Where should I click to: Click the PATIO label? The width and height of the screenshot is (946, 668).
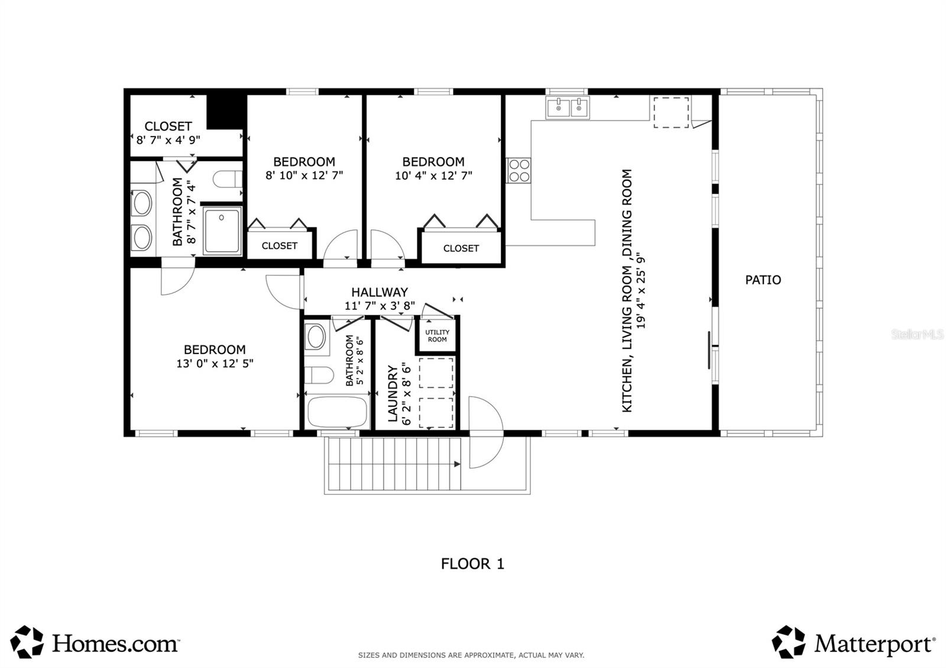click(763, 280)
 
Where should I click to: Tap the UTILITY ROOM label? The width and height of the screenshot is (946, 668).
click(437, 336)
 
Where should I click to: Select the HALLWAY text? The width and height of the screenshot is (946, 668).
click(380, 292)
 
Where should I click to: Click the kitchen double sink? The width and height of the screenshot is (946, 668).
click(568, 108)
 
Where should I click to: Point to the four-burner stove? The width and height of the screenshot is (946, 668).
click(519, 170)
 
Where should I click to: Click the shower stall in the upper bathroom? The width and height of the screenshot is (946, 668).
click(222, 230)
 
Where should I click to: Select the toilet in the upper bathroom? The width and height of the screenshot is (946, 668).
click(227, 179)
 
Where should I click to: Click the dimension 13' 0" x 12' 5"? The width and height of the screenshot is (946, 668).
click(215, 364)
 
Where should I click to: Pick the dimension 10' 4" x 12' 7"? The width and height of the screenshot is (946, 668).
click(433, 176)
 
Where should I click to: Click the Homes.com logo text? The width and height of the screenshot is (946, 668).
click(115, 643)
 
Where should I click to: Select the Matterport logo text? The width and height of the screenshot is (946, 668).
click(873, 643)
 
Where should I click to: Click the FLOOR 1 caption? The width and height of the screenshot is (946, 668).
click(472, 563)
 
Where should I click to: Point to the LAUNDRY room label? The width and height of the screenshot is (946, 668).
click(393, 393)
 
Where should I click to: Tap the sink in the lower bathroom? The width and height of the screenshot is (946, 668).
click(316, 337)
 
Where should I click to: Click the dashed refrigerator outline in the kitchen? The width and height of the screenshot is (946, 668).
click(671, 112)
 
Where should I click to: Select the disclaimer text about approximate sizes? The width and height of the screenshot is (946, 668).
click(471, 655)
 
